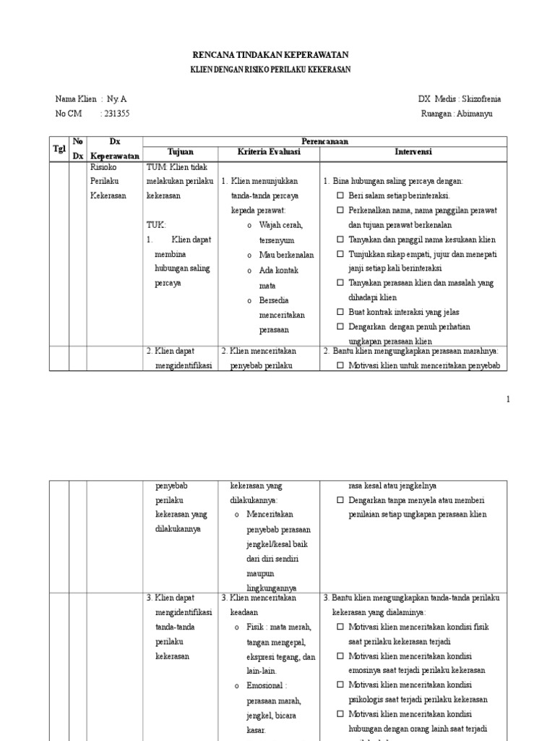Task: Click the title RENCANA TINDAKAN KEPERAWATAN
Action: pos(270,55)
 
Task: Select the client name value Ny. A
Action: pos(118,99)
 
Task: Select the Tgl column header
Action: pos(59,148)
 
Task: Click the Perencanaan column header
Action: pos(324,142)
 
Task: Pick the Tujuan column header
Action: pos(181,153)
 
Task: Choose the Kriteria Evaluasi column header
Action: pos(270,153)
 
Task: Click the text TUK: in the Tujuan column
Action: pos(156,224)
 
